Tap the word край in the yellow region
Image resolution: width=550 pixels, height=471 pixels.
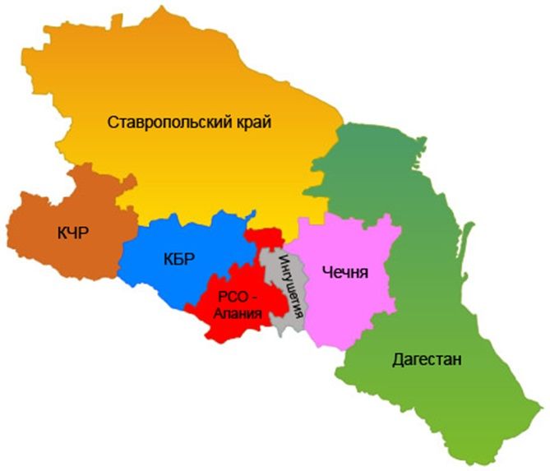pos(249,122)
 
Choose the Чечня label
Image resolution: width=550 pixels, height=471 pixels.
pos(345,272)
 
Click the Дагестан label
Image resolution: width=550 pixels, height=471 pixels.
pos(427,359)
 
